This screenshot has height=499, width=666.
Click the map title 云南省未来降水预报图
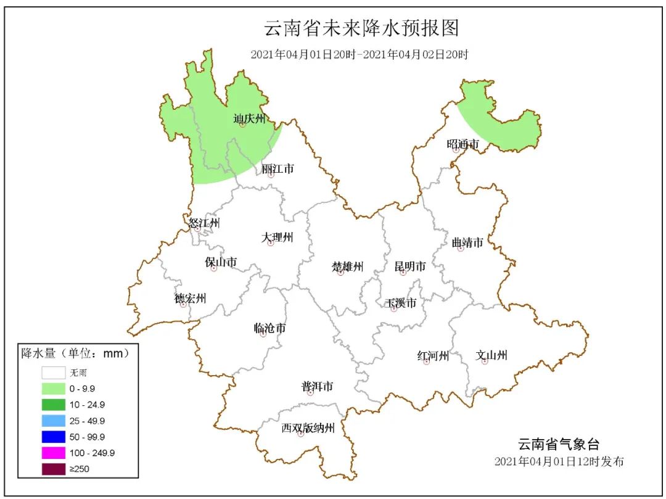point(362,28)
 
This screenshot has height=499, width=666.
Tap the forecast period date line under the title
point(360,54)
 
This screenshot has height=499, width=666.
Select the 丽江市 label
point(277,168)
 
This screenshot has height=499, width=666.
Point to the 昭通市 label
point(462,144)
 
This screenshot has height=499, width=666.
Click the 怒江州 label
point(204,223)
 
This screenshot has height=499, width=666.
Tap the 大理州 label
point(277,237)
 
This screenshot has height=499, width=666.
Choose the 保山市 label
point(221,262)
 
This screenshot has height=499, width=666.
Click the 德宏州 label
point(190,299)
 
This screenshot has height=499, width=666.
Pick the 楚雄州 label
point(348,266)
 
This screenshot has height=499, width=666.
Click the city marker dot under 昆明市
point(403,273)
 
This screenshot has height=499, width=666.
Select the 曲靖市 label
point(467,242)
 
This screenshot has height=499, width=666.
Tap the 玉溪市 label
point(401,303)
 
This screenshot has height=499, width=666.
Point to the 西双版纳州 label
point(308,427)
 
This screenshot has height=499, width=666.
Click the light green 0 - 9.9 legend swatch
point(54,389)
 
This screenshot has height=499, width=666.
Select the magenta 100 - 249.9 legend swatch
point(54,453)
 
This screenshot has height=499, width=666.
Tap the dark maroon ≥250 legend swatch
point(54,469)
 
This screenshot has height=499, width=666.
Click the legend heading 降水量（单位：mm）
point(75,354)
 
